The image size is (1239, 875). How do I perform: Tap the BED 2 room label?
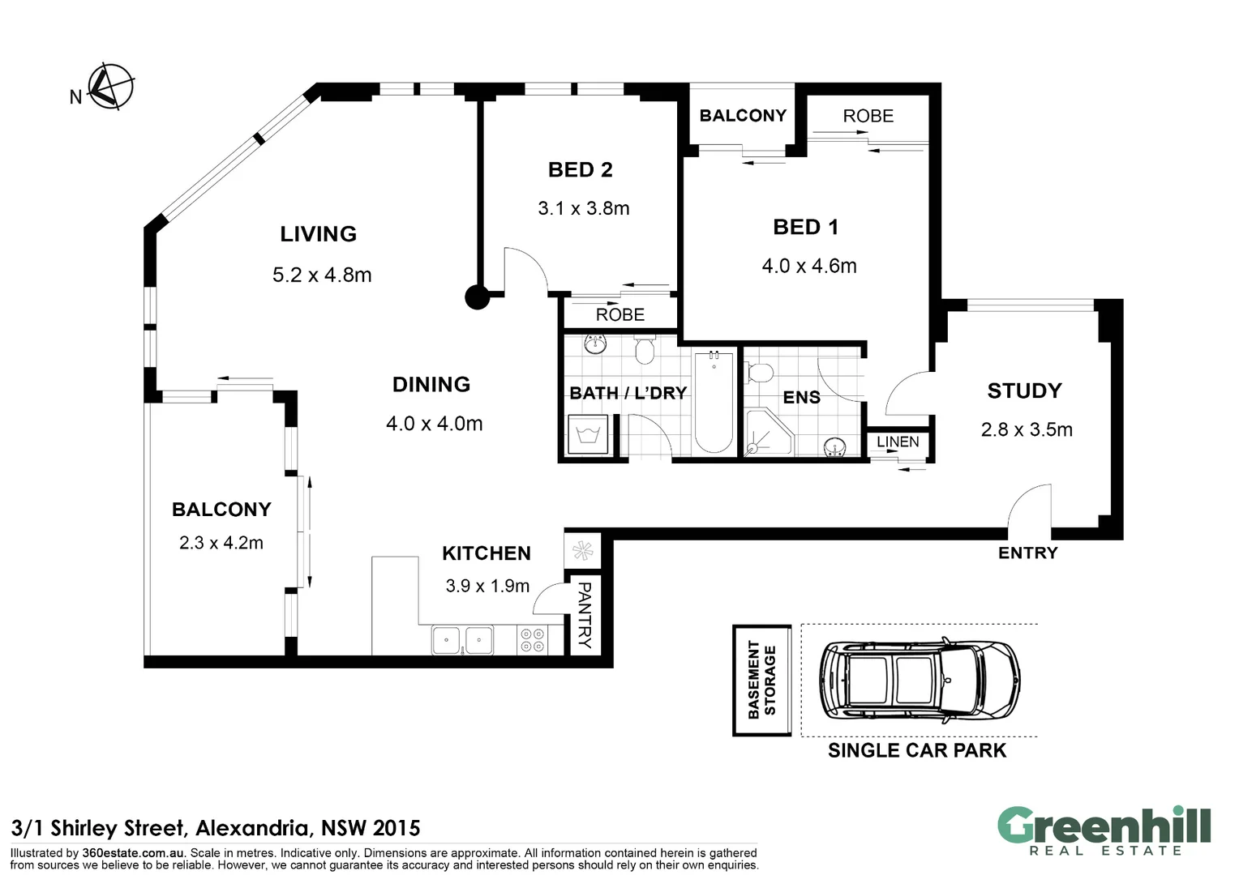(581, 169)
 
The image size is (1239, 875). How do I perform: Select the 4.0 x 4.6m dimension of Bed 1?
(809, 267)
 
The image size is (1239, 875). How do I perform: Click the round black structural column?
(478, 297)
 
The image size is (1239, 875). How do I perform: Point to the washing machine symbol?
(587, 434)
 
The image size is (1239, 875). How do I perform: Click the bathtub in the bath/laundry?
(714, 402)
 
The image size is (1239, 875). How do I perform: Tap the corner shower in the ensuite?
(770, 433)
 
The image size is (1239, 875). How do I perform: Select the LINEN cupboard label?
(898, 442)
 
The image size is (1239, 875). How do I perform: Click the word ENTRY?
(1027, 553)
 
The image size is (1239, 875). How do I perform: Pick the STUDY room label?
(1024, 391)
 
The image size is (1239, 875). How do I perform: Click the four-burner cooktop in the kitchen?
(532, 640)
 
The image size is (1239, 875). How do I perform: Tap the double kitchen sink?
(462, 640)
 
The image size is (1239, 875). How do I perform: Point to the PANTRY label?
(585, 615)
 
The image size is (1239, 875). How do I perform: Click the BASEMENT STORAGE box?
(761, 680)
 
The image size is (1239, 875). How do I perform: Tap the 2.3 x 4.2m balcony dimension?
(221, 543)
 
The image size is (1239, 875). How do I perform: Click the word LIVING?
(318, 234)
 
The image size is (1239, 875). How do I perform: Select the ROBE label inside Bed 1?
(868, 116)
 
